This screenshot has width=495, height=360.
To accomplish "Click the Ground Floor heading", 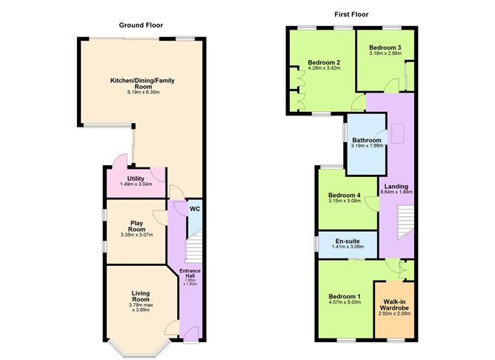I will (140, 24).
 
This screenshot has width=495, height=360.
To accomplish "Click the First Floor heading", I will (351, 14).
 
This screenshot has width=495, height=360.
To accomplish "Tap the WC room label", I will (194, 210).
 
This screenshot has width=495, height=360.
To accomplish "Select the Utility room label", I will (136, 179).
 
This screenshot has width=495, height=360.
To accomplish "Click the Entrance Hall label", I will (190, 275).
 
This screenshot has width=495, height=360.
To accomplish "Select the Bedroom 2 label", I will (323, 62).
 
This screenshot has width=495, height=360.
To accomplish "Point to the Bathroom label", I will (367, 140).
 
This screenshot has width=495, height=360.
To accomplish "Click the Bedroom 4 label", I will (343, 196).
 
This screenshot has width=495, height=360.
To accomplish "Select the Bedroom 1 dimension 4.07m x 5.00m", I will (343, 303).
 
